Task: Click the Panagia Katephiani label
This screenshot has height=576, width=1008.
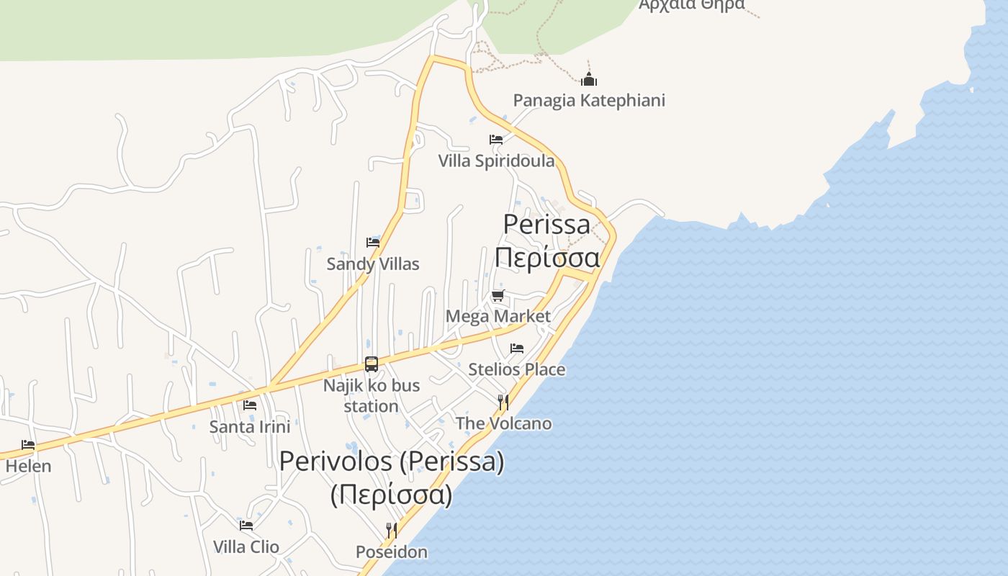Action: click(x=589, y=100)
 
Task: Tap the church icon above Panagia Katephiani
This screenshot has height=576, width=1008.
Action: click(x=589, y=79)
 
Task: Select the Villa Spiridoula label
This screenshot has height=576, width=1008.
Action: click(x=497, y=161)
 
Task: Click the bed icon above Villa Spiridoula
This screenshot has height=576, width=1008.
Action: click(x=496, y=139)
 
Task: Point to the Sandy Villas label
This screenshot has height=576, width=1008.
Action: click(x=373, y=264)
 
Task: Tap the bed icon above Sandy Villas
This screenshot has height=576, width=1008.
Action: click(x=373, y=242)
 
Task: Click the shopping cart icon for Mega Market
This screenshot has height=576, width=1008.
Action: click(x=498, y=295)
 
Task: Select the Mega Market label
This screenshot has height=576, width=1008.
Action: click(x=498, y=316)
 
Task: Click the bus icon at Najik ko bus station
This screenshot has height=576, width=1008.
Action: click(x=372, y=364)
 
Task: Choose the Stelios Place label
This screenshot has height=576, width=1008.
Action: click(x=517, y=369)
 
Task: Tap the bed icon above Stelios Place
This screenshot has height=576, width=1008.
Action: click(x=517, y=348)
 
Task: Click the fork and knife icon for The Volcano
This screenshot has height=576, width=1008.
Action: click(x=503, y=402)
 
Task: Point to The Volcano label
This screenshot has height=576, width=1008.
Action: click(x=504, y=423)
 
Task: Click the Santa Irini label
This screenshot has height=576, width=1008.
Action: click(x=250, y=427)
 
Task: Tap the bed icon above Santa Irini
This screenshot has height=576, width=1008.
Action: click(x=250, y=405)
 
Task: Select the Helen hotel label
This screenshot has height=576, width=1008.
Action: click(x=29, y=466)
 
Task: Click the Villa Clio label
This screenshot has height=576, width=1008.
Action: click(x=246, y=546)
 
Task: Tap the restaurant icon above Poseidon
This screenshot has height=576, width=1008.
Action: click(x=392, y=531)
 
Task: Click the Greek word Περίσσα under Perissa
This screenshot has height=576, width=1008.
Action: click(x=547, y=258)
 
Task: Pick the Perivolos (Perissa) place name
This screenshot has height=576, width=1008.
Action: click(x=392, y=462)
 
